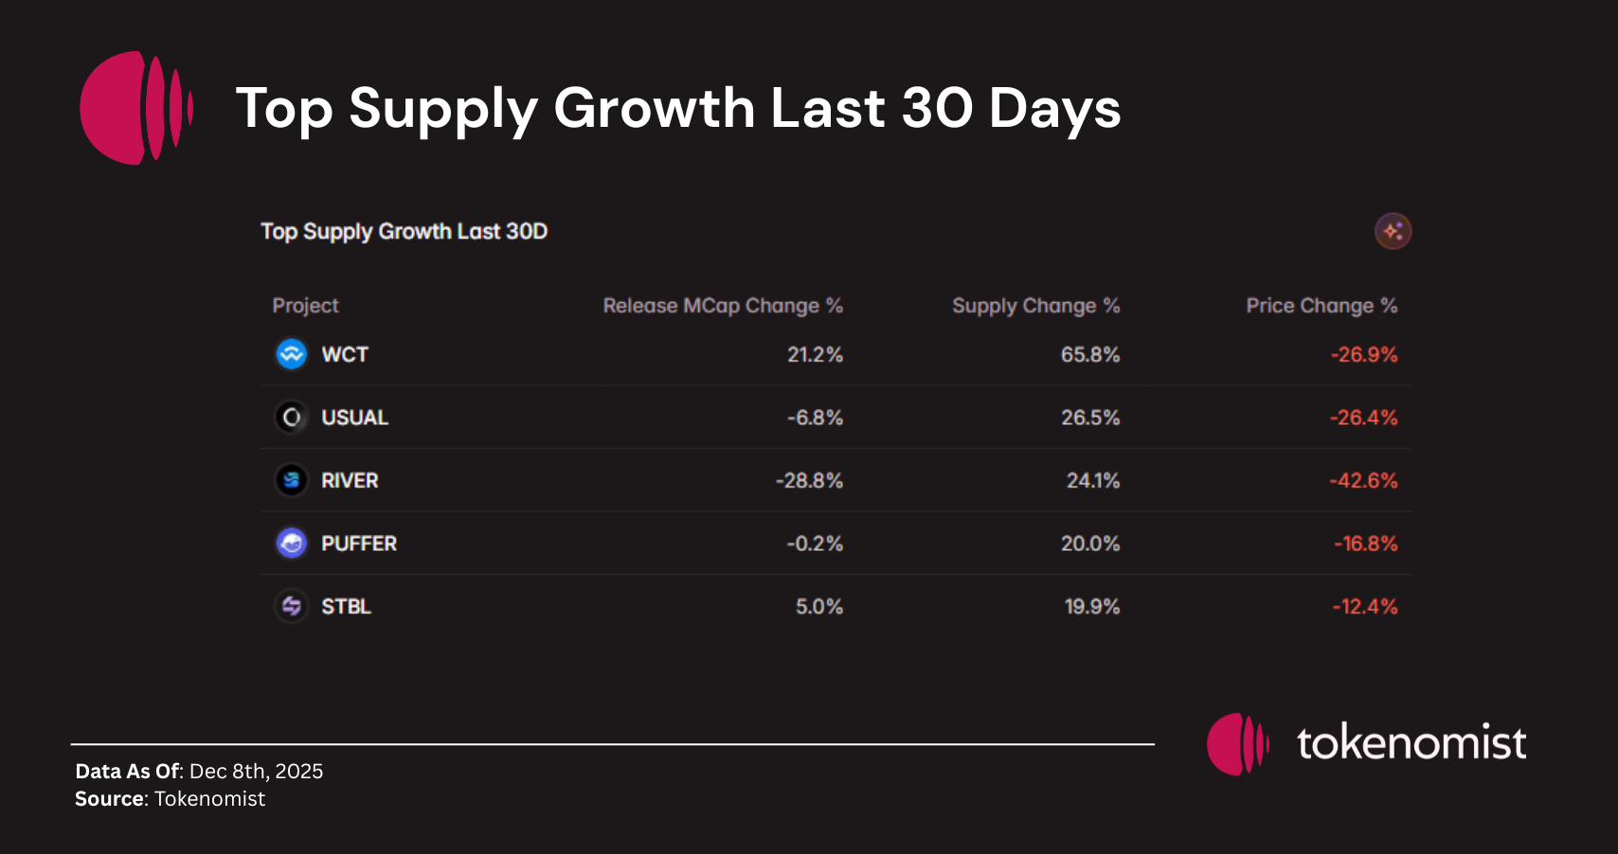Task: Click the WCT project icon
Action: coord(292,354)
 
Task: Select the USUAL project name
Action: coord(354,418)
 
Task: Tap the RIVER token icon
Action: coord(292,480)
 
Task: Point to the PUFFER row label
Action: coord(358,543)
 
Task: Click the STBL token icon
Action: coord(292,606)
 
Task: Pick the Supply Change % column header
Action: coord(1035,306)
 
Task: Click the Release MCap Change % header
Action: coord(722,306)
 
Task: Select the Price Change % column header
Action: coord(1321,306)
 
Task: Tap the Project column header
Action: coord(305,306)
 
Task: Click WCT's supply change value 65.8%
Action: coord(1089,355)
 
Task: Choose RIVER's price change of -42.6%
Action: coord(1363,481)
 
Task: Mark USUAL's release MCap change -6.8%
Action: coord(815,418)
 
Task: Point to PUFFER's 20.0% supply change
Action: coord(1089,543)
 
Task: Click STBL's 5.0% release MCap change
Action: coord(818,607)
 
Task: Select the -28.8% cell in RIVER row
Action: coord(809,481)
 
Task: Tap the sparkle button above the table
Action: coord(1393,231)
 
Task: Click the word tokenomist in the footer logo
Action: coord(1411,743)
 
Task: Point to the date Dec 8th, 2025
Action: coord(256,772)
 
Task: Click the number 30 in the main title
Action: coord(937,108)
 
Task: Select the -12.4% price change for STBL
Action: coord(1364,607)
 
